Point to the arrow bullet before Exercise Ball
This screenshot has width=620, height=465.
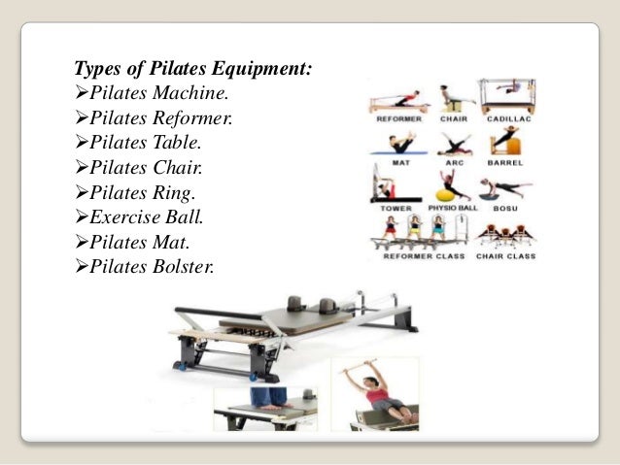[82, 216]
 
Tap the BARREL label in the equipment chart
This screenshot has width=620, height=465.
[506, 163]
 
